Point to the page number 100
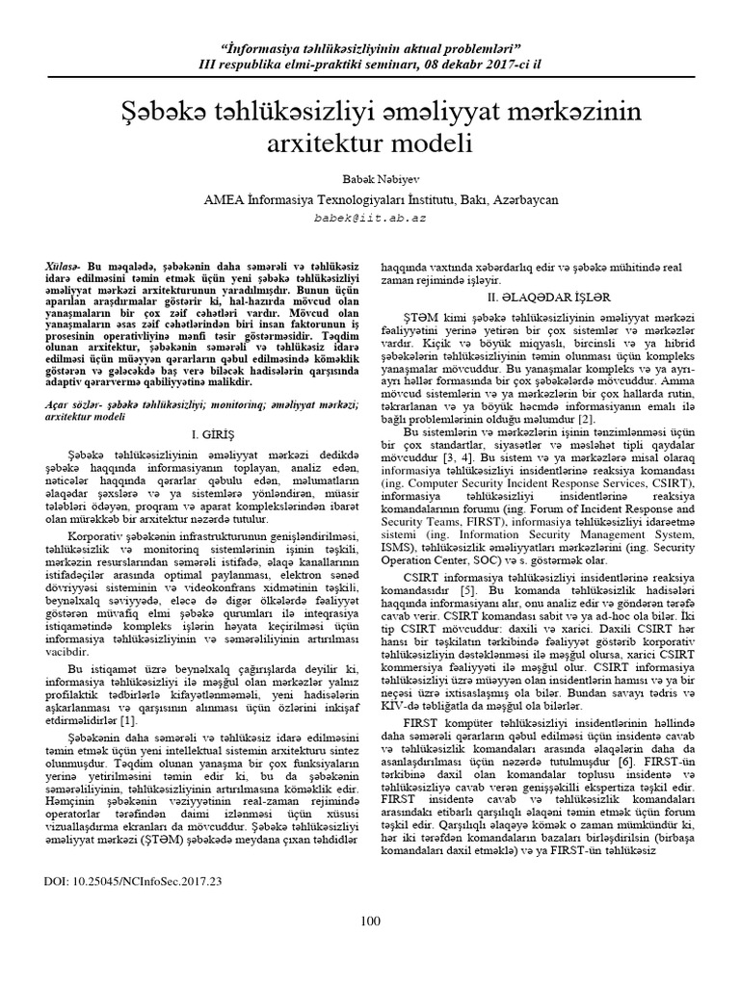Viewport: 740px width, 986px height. click(371, 921)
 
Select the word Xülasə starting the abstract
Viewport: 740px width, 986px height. click(63, 264)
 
